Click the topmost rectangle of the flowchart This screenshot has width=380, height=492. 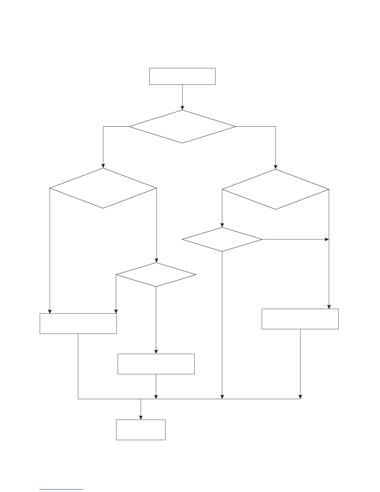click(182, 76)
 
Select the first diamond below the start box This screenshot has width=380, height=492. click(182, 127)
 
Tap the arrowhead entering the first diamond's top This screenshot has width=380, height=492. click(182, 108)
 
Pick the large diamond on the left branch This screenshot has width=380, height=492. click(103, 188)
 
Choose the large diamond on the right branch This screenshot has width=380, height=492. click(275, 189)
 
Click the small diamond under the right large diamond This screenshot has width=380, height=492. click(222, 239)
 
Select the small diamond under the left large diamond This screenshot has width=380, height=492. click(156, 275)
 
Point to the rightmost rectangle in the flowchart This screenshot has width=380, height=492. click(300, 319)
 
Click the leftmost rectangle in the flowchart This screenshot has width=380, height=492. click(78, 324)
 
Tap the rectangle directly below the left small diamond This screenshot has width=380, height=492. click(156, 364)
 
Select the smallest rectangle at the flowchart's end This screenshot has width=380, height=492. click(141, 430)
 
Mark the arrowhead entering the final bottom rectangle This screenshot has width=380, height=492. click(141, 418)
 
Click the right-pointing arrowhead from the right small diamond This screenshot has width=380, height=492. click(327, 239)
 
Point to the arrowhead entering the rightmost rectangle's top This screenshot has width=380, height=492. click(329, 307)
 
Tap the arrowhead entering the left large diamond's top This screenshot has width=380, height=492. click(103, 166)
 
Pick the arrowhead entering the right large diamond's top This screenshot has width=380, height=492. click(275, 167)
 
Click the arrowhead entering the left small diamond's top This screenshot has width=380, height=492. click(156, 261)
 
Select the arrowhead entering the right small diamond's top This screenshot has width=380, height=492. click(222, 225)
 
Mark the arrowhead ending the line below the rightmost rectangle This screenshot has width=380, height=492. click(300, 397)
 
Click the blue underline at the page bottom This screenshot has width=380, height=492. click(61, 490)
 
